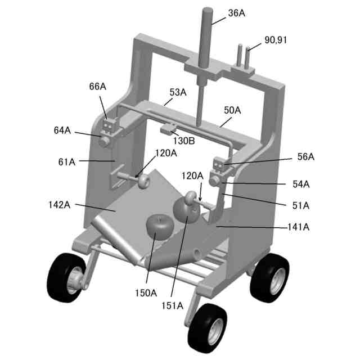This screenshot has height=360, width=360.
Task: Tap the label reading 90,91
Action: [278, 41]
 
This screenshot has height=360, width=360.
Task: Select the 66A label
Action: [97, 87]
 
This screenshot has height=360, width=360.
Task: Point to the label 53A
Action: [178, 92]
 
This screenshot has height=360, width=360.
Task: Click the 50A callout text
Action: [232, 111]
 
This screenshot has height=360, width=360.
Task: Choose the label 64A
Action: [62, 130]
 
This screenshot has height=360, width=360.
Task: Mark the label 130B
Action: [184, 140]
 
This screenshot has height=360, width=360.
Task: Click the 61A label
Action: [66, 162]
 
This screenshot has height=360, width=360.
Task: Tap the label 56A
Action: [306, 157]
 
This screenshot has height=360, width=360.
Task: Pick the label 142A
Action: [59, 205]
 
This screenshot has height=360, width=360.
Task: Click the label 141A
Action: [298, 227]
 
